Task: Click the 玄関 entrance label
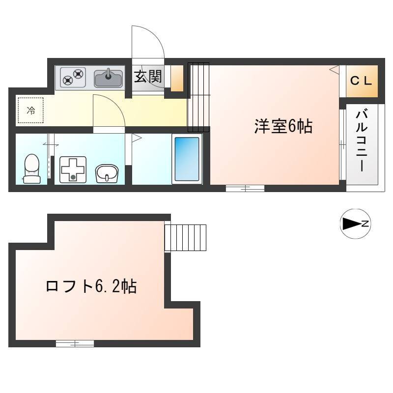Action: (x=148, y=77)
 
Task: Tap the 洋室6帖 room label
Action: (x=283, y=126)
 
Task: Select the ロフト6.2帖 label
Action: (x=91, y=286)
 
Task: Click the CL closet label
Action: (x=361, y=81)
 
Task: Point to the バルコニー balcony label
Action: (x=362, y=141)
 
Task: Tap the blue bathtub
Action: (x=187, y=159)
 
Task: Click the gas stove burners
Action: (x=73, y=77)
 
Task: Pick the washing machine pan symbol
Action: (x=73, y=169)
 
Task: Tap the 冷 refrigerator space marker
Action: (x=31, y=110)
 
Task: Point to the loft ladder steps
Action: (x=185, y=238)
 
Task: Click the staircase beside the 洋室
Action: (x=198, y=97)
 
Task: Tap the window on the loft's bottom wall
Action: (x=75, y=343)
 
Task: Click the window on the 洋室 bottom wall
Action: (x=245, y=188)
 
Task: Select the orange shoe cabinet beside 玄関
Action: (x=177, y=78)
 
